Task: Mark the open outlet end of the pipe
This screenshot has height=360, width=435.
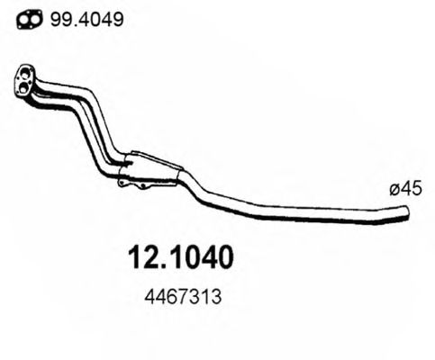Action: pos(406,213)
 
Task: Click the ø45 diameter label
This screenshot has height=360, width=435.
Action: pos(401,189)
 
